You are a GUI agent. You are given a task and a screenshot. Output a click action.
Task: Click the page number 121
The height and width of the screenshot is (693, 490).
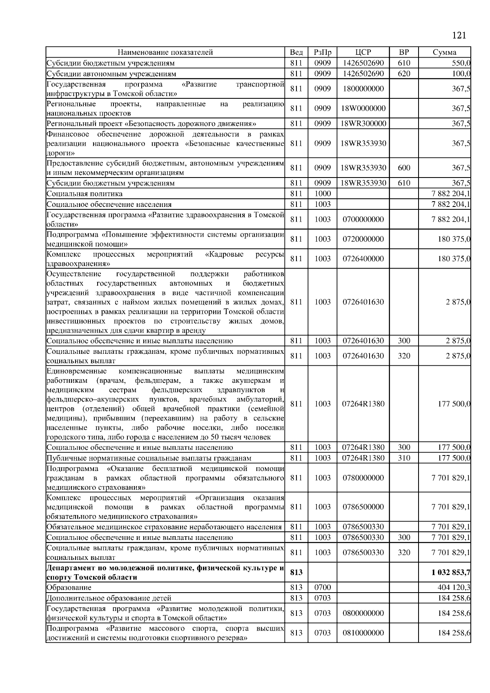[459, 36]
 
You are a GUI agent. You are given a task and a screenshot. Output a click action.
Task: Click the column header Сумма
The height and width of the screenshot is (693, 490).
[444, 52]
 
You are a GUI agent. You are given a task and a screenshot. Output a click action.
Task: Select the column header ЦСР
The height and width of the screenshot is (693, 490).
[363, 52]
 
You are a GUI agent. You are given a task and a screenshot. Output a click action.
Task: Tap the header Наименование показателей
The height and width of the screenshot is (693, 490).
[165, 52]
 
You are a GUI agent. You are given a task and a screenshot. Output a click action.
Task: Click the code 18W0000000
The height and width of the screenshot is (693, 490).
[363, 108]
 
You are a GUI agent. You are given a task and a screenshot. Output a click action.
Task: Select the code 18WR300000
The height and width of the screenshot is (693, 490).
[363, 123]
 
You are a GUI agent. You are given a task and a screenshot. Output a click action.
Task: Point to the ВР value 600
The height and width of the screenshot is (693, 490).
[403, 168]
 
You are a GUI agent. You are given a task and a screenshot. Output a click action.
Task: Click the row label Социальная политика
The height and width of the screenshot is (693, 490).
[85, 193]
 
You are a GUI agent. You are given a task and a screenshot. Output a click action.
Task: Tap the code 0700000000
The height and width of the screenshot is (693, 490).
[363, 219]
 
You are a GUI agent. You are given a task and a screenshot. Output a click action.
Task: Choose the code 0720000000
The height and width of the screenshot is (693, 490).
[363, 239]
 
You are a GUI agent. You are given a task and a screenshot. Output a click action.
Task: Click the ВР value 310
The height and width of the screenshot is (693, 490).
[403, 458]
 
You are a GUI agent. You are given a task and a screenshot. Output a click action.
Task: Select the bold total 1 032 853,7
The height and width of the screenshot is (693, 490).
[450, 572]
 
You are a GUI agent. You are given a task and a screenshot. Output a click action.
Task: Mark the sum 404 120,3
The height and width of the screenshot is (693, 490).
[454, 587]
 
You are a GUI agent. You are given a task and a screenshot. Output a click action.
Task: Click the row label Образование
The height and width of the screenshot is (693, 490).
[69, 587]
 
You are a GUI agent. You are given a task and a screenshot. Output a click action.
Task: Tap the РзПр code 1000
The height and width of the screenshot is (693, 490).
[322, 193]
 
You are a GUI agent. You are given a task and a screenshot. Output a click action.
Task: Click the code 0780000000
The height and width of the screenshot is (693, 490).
[363, 478]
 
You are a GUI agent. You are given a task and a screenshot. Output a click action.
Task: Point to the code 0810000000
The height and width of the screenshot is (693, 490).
[363, 633]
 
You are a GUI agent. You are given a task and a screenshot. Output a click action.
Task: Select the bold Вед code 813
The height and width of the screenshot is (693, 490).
[296, 572]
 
